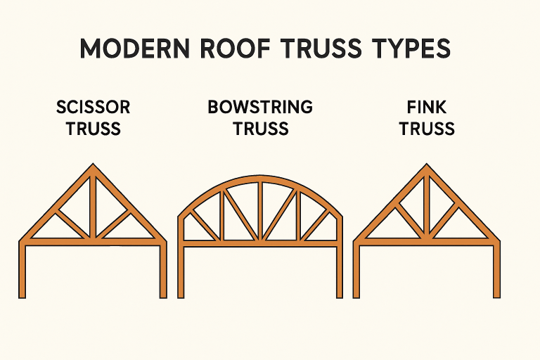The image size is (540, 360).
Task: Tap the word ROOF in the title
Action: coord(224,50)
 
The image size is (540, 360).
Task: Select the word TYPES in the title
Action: coord(406,50)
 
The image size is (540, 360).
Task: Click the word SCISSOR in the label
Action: coord(92,108)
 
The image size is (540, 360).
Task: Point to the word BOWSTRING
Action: coord(259,108)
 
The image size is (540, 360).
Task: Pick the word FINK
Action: coord(426,108)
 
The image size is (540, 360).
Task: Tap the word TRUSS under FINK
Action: coord(426,129)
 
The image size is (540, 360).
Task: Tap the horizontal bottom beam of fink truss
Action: coord(426,241)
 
